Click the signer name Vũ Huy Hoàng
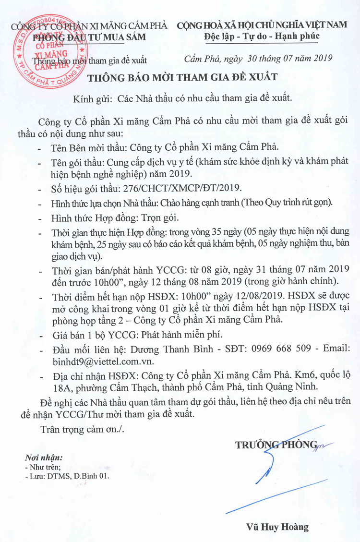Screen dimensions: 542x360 (278, 527)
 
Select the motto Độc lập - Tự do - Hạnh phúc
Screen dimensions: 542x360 (261, 36)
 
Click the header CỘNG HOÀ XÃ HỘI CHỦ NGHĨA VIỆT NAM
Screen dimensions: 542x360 (261, 25)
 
